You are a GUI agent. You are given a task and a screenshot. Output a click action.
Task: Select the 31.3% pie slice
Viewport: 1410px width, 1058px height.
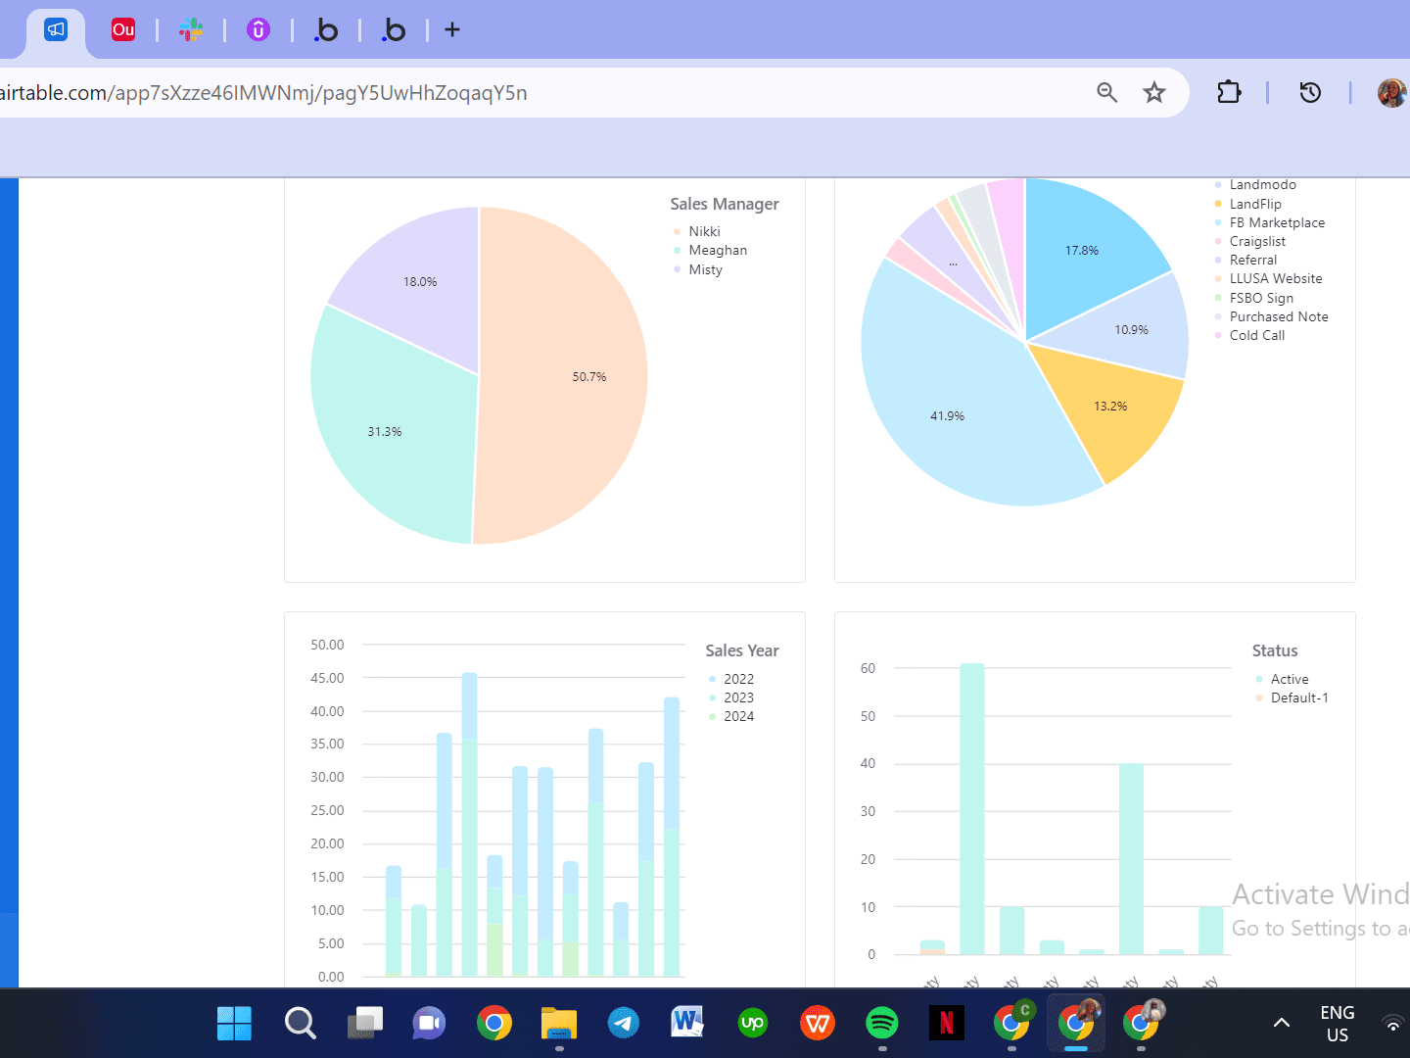click(392, 431)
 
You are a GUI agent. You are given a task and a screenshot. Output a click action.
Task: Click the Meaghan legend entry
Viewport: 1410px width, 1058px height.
click(717, 251)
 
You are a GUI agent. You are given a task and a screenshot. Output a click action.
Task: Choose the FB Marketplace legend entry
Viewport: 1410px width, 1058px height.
click(1277, 222)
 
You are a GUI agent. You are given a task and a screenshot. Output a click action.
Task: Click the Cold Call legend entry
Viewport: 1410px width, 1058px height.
click(1256, 335)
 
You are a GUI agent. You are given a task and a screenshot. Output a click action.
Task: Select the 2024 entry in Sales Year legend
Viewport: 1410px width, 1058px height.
click(738, 716)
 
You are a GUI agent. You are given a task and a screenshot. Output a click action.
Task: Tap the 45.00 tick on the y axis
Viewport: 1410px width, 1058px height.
click(327, 678)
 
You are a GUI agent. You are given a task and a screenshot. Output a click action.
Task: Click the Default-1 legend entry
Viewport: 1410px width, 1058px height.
click(1298, 697)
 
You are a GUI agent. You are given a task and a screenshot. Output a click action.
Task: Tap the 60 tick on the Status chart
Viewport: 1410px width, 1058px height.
click(868, 668)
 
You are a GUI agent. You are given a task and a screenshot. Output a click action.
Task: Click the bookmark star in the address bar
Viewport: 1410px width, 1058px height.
click(1154, 92)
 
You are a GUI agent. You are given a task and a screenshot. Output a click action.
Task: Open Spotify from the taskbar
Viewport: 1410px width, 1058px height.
click(882, 1024)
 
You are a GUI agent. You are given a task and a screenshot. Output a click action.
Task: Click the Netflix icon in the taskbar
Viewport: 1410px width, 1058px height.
click(947, 1024)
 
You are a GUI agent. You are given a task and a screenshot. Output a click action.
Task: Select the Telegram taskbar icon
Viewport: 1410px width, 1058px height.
click(624, 1024)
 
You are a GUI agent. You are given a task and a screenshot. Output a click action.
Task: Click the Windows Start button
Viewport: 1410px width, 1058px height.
click(234, 1024)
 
